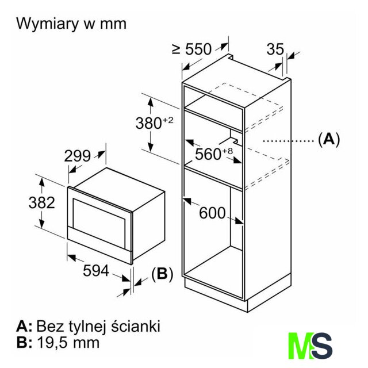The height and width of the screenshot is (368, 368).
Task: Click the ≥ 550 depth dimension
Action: [x=191, y=49]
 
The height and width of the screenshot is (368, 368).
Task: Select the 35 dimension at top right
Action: [x=275, y=49]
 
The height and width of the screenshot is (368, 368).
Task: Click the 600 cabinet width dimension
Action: [x=212, y=213]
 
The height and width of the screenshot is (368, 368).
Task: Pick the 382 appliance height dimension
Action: [x=42, y=202]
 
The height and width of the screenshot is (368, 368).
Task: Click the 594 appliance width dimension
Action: [x=95, y=271]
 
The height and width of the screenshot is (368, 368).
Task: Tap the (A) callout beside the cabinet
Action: [x=329, y=139]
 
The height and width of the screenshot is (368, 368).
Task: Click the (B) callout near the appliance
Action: [x=162, y=274]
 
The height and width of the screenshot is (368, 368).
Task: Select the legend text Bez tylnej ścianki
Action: [x=98, y=327]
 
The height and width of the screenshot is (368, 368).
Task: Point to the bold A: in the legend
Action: [x=24, y=327]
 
